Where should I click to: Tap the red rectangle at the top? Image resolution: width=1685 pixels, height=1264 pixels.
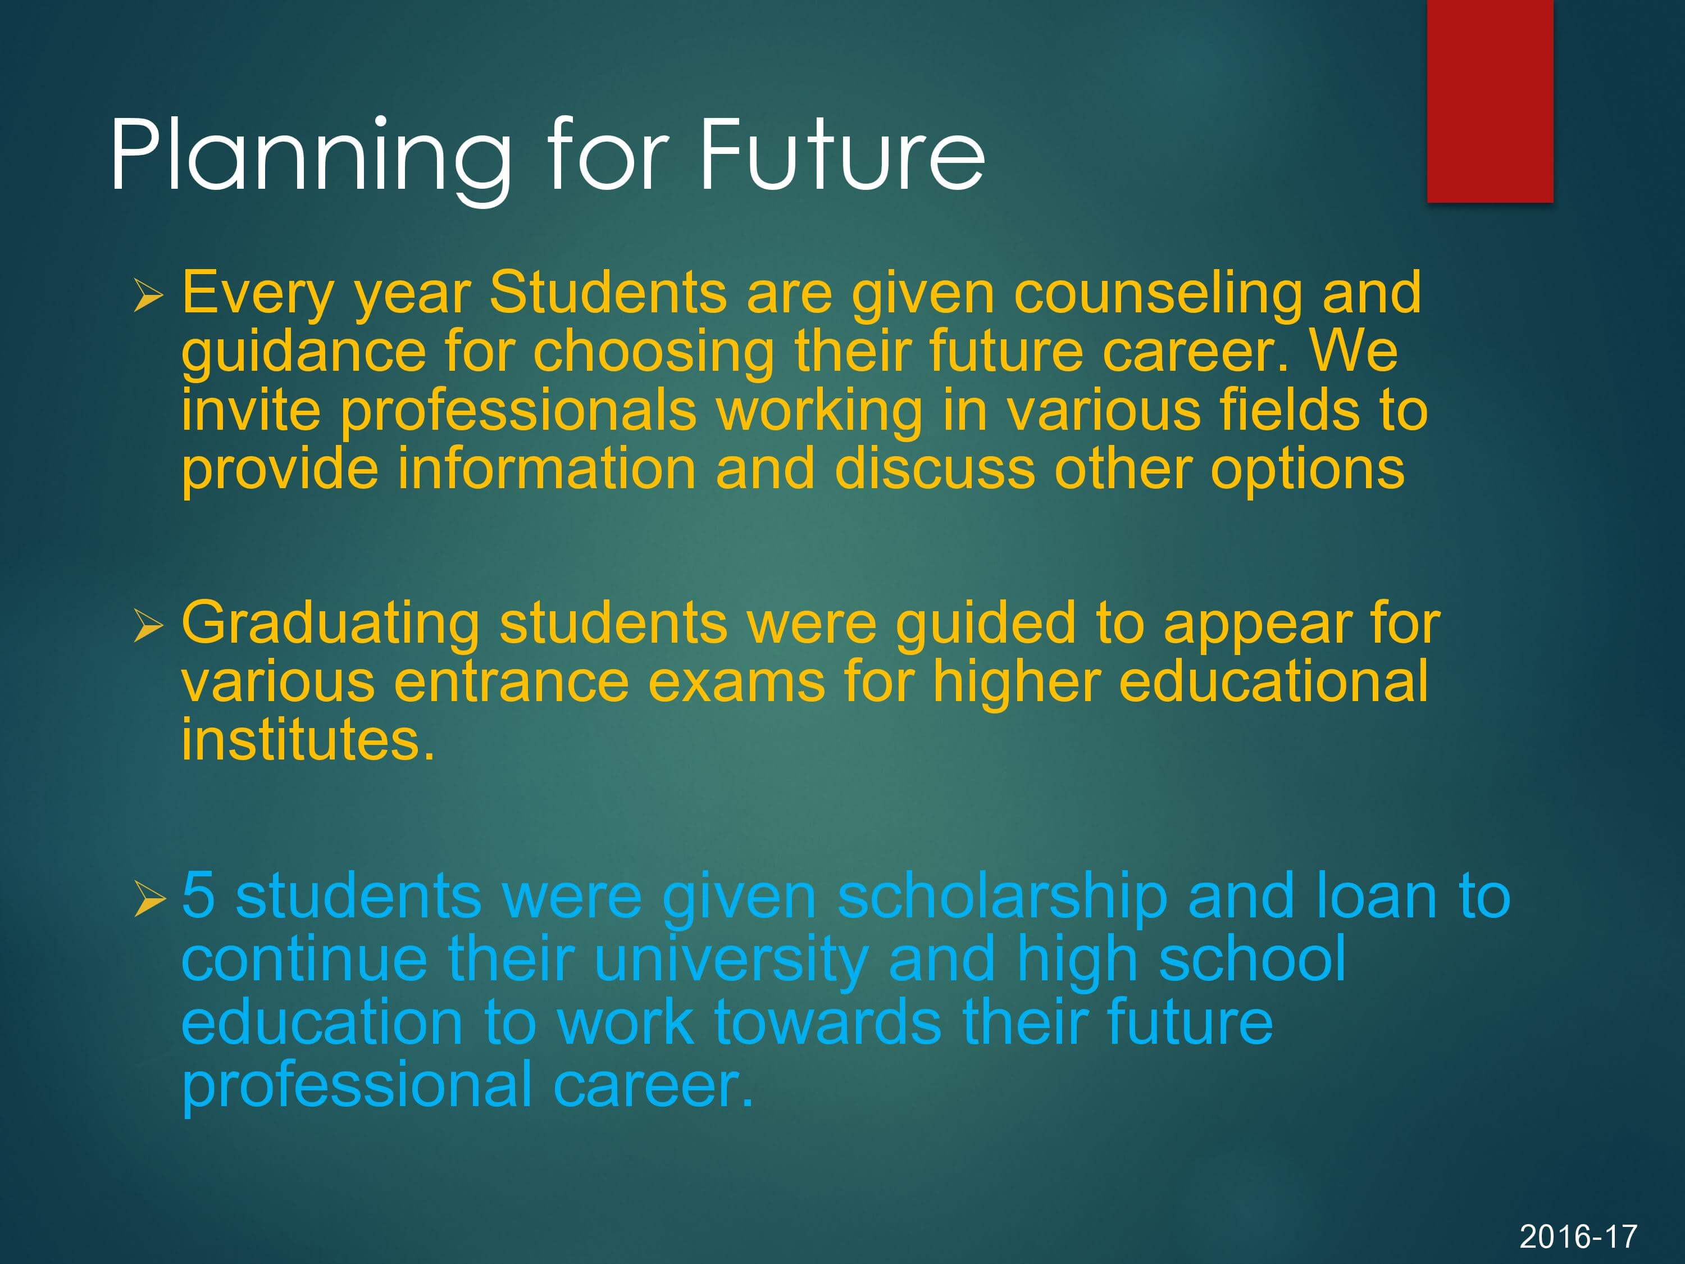click(1490, 101)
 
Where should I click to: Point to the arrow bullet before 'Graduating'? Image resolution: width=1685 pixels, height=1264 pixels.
click(148, 626)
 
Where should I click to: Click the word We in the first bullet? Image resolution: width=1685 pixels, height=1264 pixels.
click(1353, 352)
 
